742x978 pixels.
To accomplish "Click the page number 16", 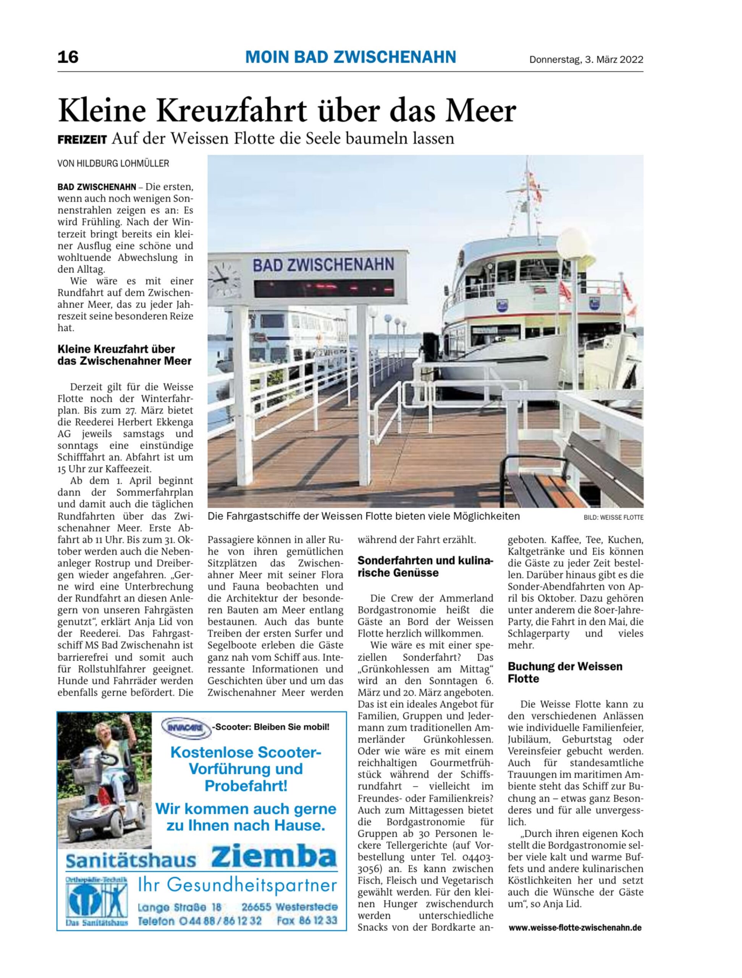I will [x=68, y=57].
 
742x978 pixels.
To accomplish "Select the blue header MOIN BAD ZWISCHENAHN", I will [x=351, y=57].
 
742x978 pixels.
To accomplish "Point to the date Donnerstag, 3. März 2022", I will [x=586, y=60].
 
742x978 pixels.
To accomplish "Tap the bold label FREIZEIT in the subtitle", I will [x=82, y=140].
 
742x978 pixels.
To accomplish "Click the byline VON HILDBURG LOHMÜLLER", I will [x=113, y=164].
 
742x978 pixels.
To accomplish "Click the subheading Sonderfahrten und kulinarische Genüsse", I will [x=425, y=567].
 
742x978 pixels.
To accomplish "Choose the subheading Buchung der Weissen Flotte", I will [x=564, y=672].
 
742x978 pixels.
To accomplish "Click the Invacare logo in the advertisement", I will [x=185, y=727].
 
